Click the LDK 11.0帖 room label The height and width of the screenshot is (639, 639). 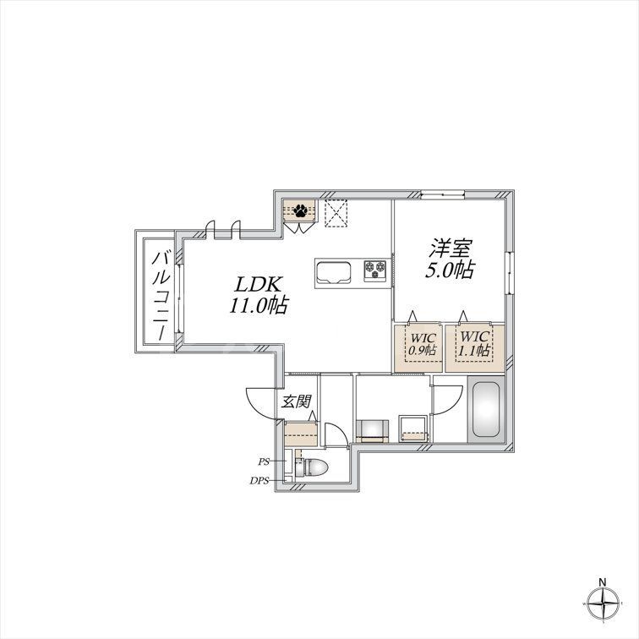click(x=258, y=294)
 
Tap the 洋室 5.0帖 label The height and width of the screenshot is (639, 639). click(x=448, y=259)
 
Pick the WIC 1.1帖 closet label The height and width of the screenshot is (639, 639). click(x=474, y=342)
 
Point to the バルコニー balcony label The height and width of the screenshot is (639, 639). click(x=158, y=294)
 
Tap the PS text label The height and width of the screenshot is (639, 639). click(x=265, y=462)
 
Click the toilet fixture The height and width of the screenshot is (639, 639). click(x=312, y=467)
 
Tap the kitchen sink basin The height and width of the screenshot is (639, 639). click(x=334, y=272)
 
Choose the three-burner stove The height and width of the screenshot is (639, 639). click(x=375, y=270)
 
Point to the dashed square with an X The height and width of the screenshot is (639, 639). click(x=337, y=212)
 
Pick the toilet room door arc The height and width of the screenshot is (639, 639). click(x=336, y=434)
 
